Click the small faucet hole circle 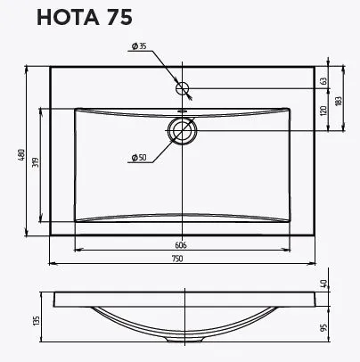pos(183,88)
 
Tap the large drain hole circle pos(183,129)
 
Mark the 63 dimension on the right pos(324,81)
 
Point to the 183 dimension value pos(339,102)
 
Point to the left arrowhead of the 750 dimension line pos(51,264)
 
